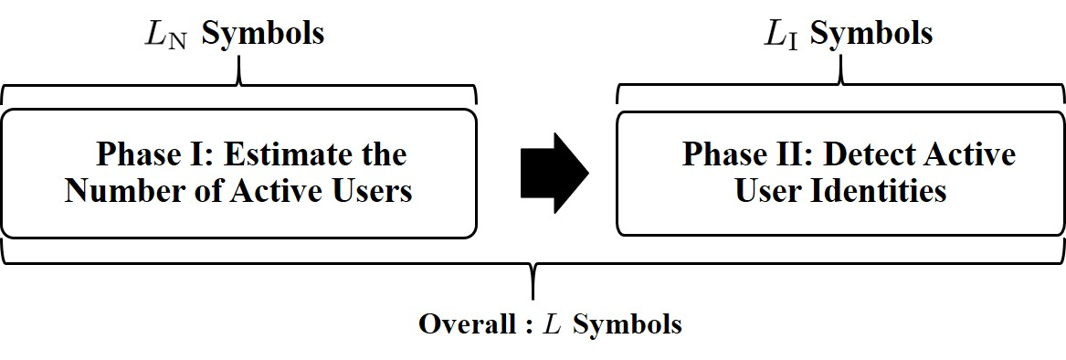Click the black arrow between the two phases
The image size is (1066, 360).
coord(554,171)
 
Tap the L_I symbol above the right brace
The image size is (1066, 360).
coord(780,36)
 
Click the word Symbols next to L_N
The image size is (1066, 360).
coord(263,34)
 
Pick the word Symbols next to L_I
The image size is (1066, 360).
coord(871,34)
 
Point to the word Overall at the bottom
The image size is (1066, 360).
coord(465,324)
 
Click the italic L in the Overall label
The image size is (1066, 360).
coord(552,324)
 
